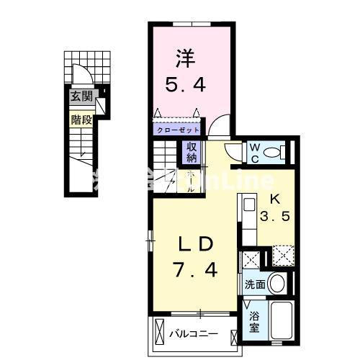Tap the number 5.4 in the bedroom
[x=187, y=85]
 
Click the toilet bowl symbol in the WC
[x=271, y=153]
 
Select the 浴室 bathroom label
[x=255, y=320]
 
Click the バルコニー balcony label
[x=194, y=334]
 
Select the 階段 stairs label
[x=81, y=120]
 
